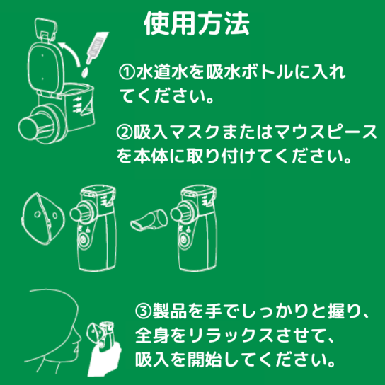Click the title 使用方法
(197, 23)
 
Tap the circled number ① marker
(127, 71)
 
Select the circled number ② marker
(125, 132)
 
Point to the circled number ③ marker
(144, 311)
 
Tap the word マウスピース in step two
(326, 132)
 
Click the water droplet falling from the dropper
(85, 72)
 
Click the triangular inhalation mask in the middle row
(42, 218)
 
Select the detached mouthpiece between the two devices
(149, 220)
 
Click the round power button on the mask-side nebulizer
(84, 239)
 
